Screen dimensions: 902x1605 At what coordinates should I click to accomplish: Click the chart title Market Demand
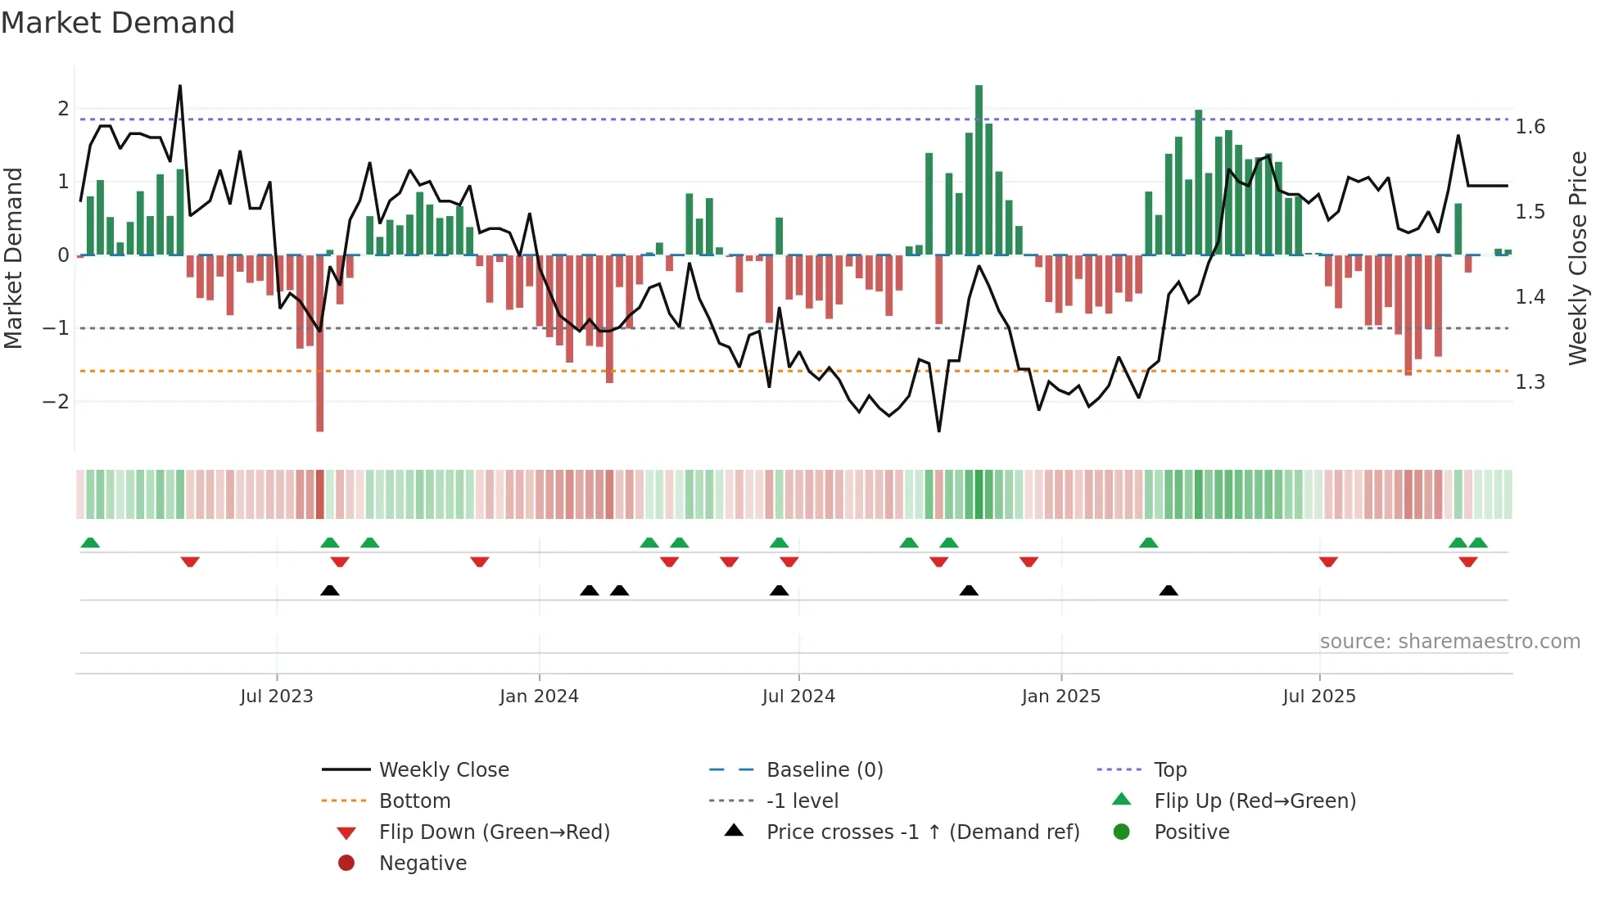(118, 23)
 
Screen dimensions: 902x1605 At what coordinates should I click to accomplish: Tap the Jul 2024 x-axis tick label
(798, 697)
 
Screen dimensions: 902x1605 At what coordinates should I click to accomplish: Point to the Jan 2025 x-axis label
(1060, 697)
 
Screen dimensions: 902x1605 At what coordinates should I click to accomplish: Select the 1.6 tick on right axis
(1530, 127)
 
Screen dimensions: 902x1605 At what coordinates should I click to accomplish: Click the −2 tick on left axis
(56, 402)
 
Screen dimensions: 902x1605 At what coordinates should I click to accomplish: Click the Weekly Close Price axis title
(1577, 258)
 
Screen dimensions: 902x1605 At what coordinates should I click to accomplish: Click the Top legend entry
(1170, 770)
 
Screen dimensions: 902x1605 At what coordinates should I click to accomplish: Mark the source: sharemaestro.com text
(1449, 642)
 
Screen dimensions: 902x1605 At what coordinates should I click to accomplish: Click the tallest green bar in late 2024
(979, 170)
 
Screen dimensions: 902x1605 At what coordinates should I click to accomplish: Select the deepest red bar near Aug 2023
(319, 344)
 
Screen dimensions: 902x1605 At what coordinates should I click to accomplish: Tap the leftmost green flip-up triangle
(90, 543)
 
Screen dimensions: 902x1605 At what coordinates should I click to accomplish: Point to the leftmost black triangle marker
(329, 590)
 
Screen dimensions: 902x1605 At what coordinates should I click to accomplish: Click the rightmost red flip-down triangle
(1467, 561)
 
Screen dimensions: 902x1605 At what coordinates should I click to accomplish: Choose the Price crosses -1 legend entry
(922, 832)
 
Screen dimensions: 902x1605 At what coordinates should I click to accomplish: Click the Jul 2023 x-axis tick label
(277, 697)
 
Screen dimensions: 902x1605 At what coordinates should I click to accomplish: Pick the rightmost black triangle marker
(1169, 590)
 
